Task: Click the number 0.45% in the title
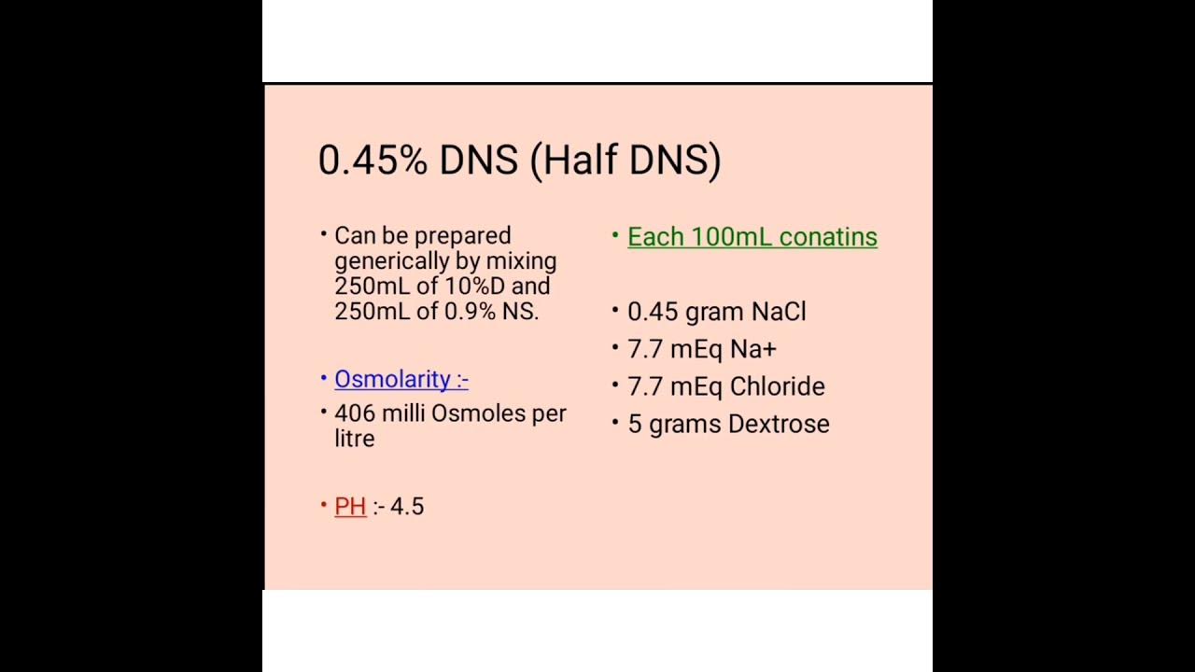click(373, 161)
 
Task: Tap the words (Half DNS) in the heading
click(626, 161)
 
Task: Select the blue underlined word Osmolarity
click(393, 379)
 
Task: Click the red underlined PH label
click(350, 506)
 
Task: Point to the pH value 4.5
click(407, 506)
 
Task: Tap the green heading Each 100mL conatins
click(752, 237)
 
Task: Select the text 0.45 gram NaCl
click(716, 312)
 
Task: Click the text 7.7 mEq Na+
click(701, 349)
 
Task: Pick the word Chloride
click(777, 386)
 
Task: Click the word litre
click(354, 439)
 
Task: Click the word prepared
click(465, 236)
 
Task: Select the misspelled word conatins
click(828, 237)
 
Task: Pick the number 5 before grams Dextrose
click(634, 424)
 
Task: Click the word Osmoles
click(478, 413)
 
